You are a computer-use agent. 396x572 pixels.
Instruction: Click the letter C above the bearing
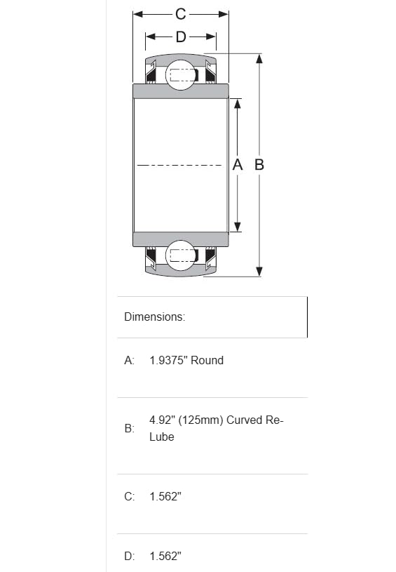pyautogui.click(x=181, y=14)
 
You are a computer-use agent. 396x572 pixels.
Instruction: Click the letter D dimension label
pyautogui.click(x=181, y=36)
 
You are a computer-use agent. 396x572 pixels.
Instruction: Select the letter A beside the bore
pyautogui.click(x=238, y=164)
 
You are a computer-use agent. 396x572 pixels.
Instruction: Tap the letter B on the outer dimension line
pyautogui.click(x=259, y=164)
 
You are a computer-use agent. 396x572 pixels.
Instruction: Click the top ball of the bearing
pyautogui.click(x=180, y=75)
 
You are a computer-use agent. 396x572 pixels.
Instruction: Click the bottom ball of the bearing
pyautogui.click(x=180, y=255)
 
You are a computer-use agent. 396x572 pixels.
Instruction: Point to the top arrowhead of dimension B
pyautogui.click(x=259, y=58)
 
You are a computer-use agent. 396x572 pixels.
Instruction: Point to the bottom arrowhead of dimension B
pyautogui.click(x=259, y=272)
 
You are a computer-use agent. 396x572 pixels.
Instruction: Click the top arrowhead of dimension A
pyautogui.click(x=238, y=103)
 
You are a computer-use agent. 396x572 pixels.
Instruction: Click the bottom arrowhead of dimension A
pyautogui.click(x=238, y=227)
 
